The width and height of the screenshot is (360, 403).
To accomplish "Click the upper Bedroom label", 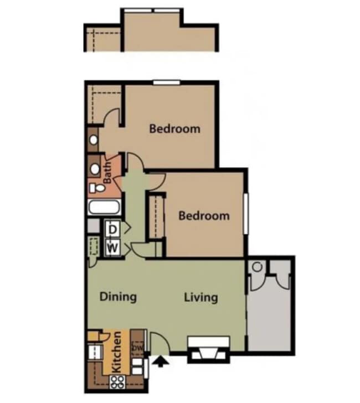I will tap(174, 129).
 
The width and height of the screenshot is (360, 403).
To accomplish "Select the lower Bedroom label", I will tap(204, 215).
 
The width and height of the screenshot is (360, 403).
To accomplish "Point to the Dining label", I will tap(118, 297).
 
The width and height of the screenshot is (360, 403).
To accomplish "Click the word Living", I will tap(200, 297).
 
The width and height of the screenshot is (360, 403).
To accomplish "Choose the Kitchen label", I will tap(117, 352).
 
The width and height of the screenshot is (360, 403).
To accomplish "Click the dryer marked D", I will tap(112, 228).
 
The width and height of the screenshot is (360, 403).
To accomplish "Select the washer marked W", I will tap(112, 246).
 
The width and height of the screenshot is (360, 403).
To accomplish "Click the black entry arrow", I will tap(161, 362).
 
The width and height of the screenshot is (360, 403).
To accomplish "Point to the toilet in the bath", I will tap(95, 188).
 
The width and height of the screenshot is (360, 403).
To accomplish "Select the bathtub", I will tap(103, 209).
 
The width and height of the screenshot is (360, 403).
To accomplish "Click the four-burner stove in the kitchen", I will tap(118, 381).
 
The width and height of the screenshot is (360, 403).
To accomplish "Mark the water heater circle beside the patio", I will tap(256, 266).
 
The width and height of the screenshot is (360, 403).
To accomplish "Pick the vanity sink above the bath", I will tap(94, 139).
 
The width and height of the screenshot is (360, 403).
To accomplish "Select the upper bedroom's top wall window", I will tap(167, 83).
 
